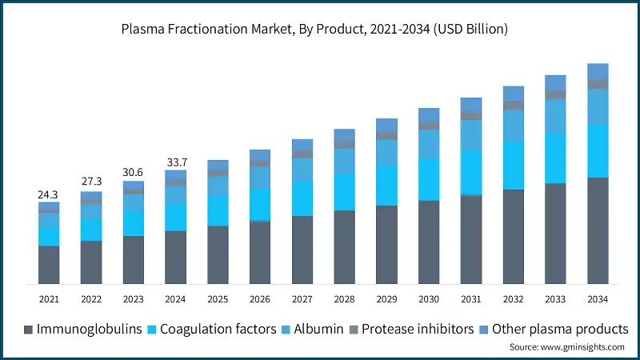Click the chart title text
coord(320,30)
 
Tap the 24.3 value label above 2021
coord(49,194)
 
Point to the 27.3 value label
coord(91,182)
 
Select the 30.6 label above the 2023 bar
coord(134,172)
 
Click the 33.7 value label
coord(175,161)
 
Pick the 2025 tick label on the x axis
coord(218,298)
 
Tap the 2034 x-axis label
coord(598,298)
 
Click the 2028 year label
coord(344,298)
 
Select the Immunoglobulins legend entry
coord(83,329)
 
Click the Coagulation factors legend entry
coord(211,329)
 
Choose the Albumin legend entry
coord(314,329)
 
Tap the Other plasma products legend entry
coord(552,329)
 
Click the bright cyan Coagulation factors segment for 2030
coord(429,179)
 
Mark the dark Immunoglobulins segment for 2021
coord(49,264)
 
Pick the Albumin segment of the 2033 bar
coord(555,116)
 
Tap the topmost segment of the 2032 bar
coord(513,93)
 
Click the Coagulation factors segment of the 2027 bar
coord(302,198)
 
